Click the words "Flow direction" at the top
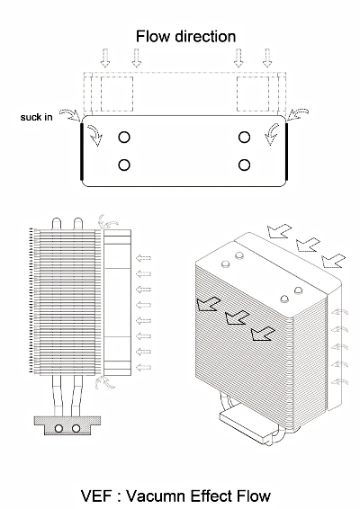tap(185, 36)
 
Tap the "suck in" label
tap(36, 117)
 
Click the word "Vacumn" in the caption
tap(156, 496)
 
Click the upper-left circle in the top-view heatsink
tap(124, 138)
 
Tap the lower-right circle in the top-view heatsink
tap(244, 165)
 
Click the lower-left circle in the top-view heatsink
tap(124, 165)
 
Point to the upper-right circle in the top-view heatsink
tap(244, 138)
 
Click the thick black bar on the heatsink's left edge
tap(82, 151)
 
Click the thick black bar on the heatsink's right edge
tap(287, 151)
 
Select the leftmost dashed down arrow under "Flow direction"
tap(105, 58)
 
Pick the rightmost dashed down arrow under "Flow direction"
tap(267, 58)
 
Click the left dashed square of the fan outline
tap(117, 94)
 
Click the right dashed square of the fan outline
tap(253, 94)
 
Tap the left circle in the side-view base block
tap(58, 428)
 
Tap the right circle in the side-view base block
tap(76, 428)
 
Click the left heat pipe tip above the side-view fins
tap(57, 223)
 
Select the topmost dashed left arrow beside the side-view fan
tap(143, 258)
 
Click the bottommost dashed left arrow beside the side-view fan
tap(143, 368)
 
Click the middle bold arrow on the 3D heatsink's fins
tap(238, 317)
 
